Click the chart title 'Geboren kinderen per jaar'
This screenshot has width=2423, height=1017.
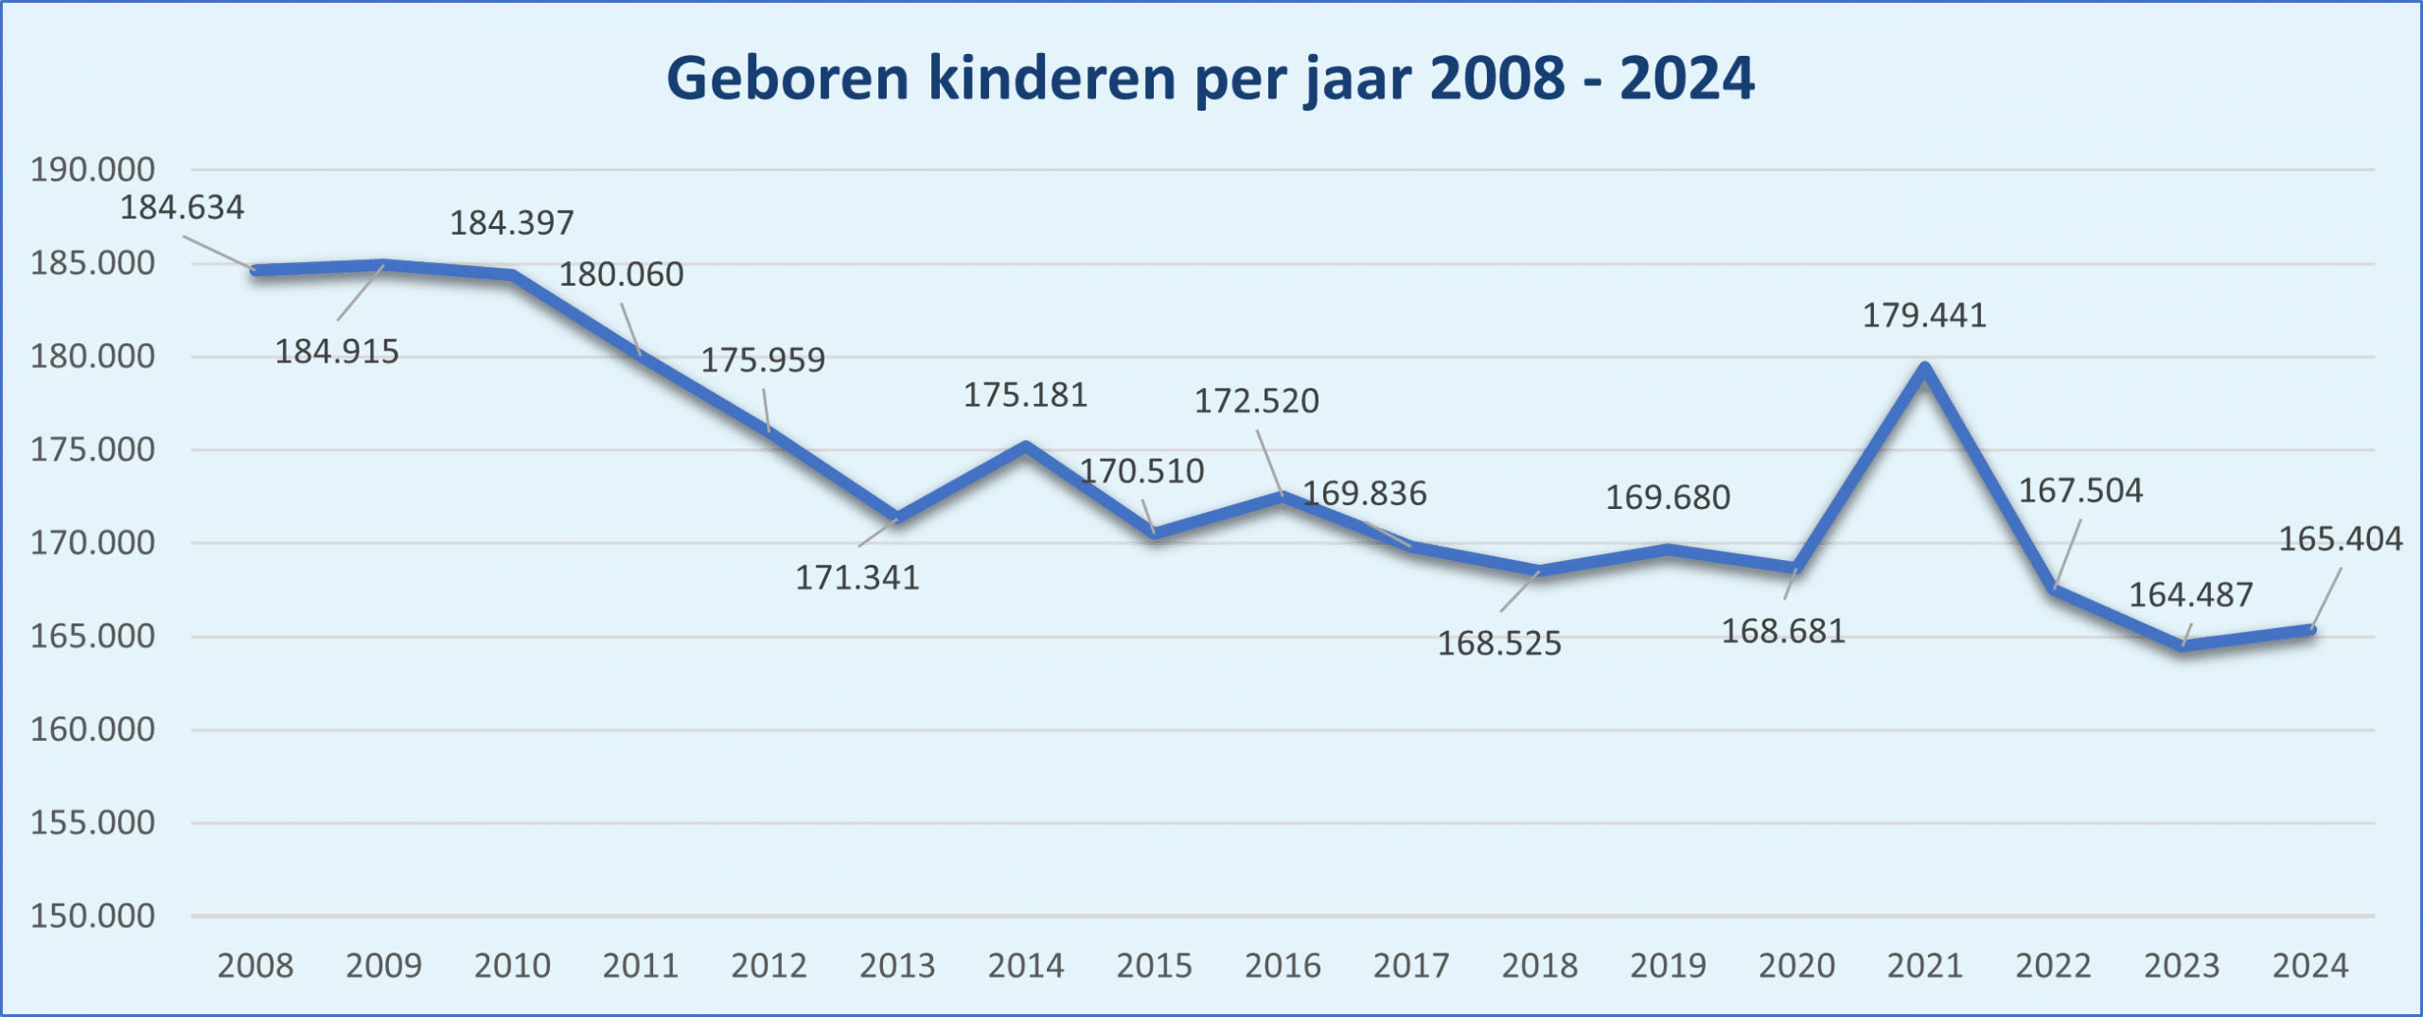1211,79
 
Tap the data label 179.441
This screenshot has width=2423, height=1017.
1924,316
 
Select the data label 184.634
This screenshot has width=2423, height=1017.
182,208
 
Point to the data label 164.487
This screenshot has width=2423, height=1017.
2190,595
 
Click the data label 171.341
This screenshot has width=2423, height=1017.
857,578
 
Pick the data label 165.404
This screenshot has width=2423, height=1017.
2340,539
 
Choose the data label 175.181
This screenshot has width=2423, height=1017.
1025,395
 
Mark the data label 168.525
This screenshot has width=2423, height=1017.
1499,644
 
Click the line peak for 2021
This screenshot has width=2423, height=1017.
1925,367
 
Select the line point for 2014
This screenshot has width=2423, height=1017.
1026,445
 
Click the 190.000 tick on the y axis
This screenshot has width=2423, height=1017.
93,170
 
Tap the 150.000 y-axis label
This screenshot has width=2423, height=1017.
93,916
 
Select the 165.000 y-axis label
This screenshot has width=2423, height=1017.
93,636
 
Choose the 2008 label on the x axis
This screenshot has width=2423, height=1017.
256,966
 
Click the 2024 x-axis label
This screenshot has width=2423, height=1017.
2310,966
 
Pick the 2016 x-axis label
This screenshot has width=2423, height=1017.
1282,966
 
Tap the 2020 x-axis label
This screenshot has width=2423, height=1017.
1796,966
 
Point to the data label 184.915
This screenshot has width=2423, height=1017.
337,352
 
